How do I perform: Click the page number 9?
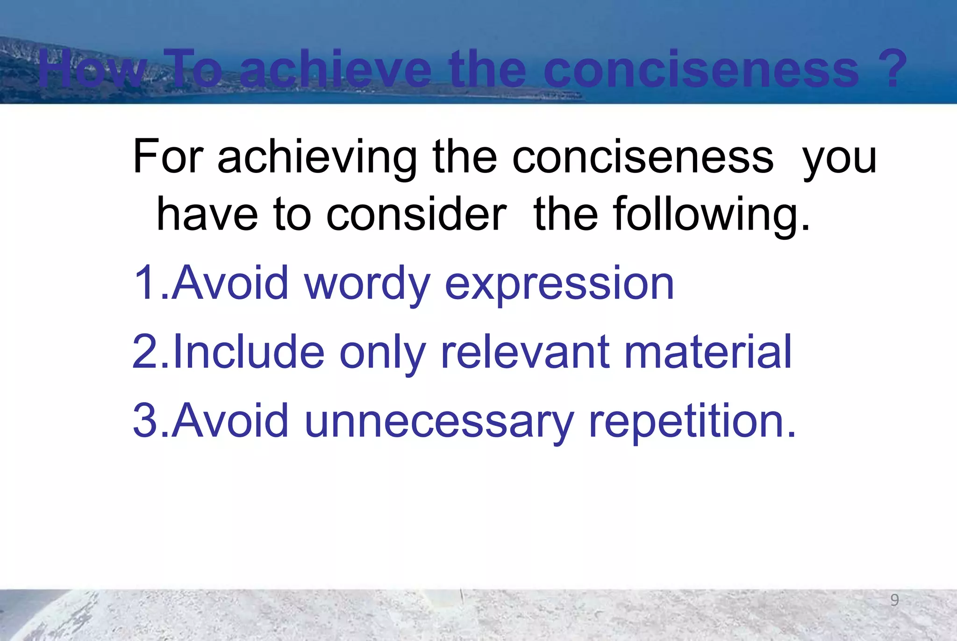(x=894, y=600)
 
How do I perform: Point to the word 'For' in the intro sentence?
(x=168, y=157)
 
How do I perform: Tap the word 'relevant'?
(x=525, y=352)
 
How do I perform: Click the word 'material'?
(x=708, y=352)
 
